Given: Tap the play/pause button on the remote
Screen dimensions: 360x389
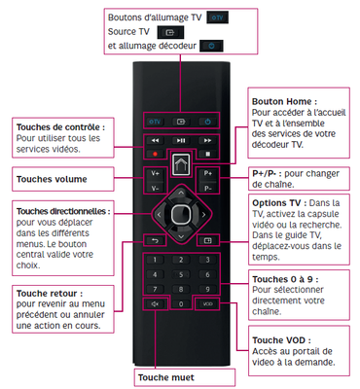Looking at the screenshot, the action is coord(181,141).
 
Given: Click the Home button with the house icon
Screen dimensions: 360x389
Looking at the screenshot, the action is coord(181,165).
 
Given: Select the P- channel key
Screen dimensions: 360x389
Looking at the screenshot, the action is coord(207,189).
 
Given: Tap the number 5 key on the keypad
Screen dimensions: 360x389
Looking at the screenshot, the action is coord(181,275).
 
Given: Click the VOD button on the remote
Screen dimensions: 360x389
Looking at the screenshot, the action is coord(207,304).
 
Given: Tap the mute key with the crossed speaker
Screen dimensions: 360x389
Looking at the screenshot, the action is coord(155,304).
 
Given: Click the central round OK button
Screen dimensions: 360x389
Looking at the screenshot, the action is coord(181,214).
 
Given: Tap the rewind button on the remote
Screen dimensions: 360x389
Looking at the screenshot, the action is coord(155,141).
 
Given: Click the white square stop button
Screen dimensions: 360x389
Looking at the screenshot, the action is coord(208,154).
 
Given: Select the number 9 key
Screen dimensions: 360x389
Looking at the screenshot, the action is coord(207,289).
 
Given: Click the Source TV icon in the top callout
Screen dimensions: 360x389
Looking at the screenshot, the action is coord(170,32).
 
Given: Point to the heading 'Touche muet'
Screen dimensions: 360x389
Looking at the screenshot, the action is coord(166,377).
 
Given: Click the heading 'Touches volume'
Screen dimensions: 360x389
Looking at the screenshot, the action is coord(52,179).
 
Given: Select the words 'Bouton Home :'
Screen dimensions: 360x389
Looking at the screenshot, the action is coord(284,101).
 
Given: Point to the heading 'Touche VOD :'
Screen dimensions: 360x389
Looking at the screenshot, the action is coord(281,340).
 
